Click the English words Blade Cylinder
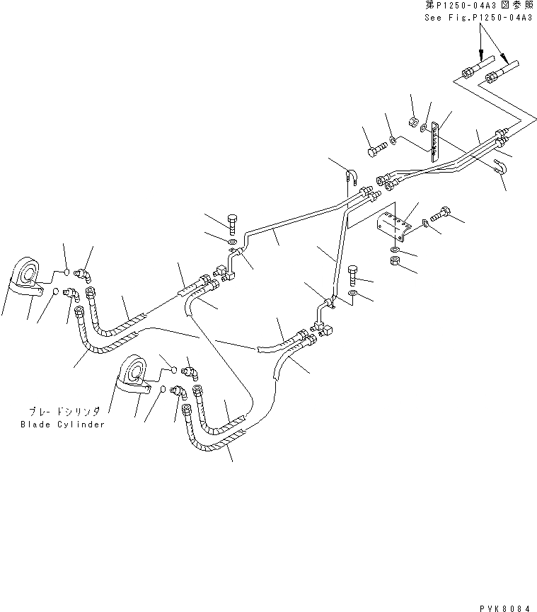click(x=62, y=425)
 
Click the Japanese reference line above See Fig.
click(x=478, y=5)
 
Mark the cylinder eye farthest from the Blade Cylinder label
click(x=27, y=273)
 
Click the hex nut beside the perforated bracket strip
click(x=412, y=122)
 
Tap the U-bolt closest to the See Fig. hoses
click(x=499, y=168)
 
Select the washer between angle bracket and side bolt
click(x=425, y=223)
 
